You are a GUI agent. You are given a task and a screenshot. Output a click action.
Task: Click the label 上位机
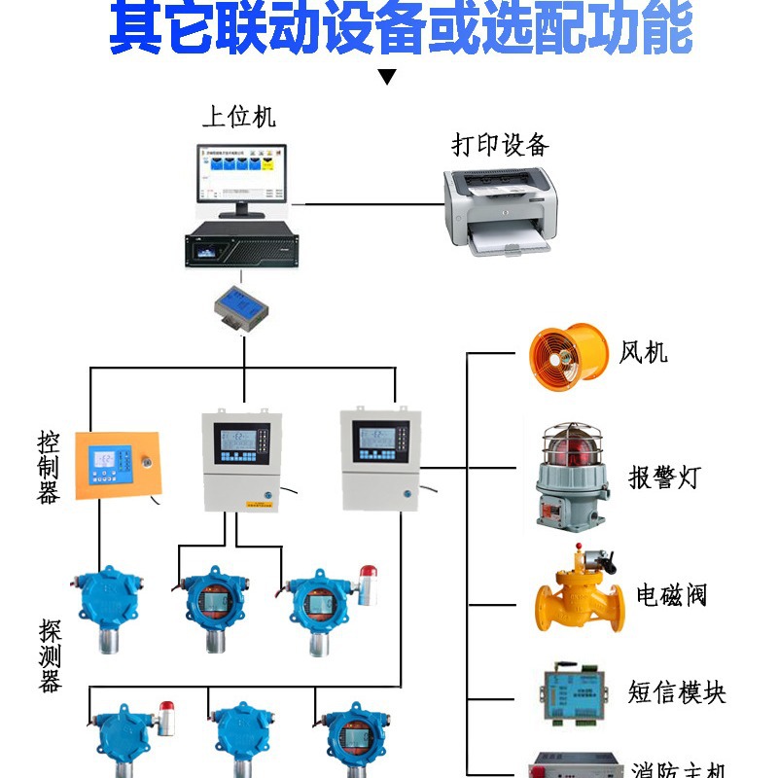pos(239,117)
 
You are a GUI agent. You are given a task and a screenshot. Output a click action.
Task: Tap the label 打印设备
pos(500,146)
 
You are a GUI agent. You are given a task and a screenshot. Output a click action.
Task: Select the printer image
pos(501,211)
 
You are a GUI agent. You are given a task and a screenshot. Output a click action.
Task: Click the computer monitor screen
pos(238,176)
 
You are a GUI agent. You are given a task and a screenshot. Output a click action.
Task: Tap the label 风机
pos(643,351)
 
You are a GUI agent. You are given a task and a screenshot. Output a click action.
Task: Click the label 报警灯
pos(663,477)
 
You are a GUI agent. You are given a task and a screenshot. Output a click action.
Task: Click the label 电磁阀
pos(671,594)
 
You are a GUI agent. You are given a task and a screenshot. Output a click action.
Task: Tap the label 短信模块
pos(677,692)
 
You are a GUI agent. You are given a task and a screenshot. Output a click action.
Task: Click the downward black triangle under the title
pos(388,77)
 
